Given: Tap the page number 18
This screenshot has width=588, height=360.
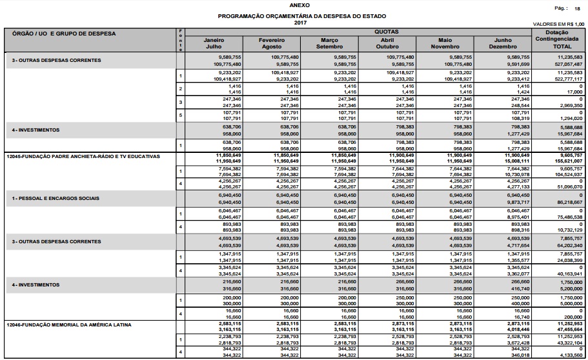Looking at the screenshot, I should pos(577,8).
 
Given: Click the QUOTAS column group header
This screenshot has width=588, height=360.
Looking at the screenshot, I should pos(386,31).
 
